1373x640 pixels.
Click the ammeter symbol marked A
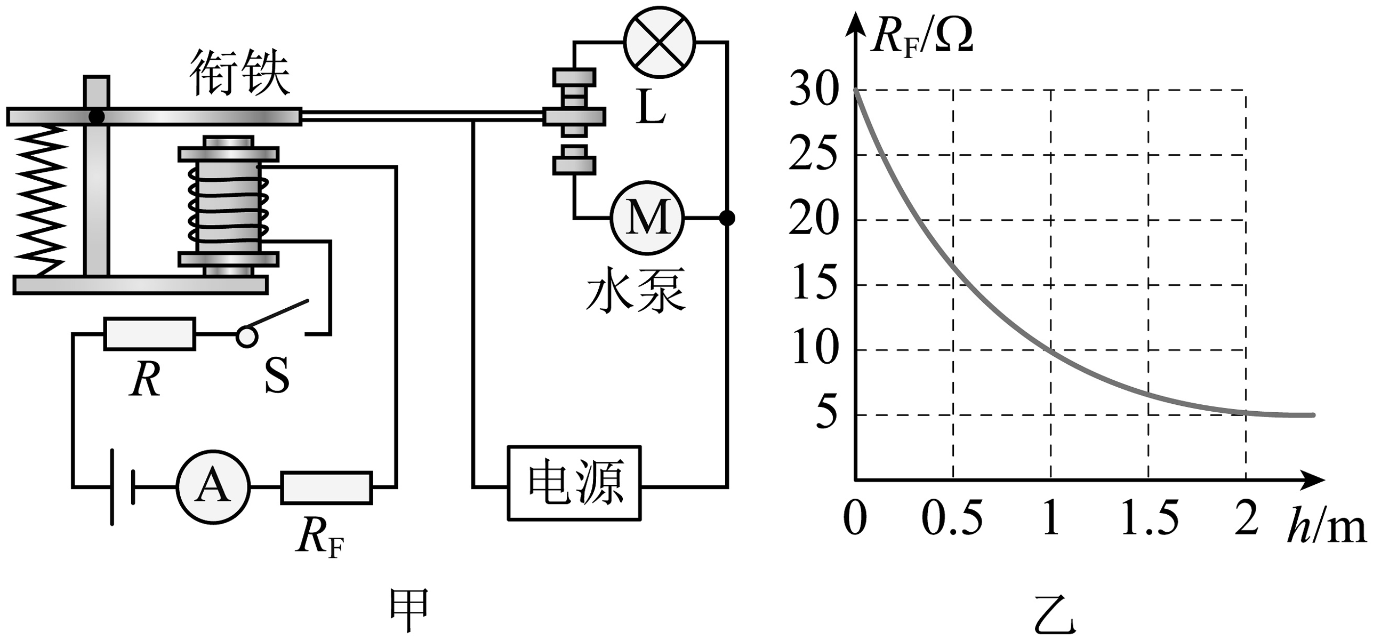pyautogui.click(x=213, y=487)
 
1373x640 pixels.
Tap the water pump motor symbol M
pyautogui.click(x=647, y=218)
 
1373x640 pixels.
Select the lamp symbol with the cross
pyautogui.click(x=660, y=43)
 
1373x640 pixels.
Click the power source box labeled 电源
pyautogui.click(x=574, y=483)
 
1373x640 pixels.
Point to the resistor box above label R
pyautogui.click(x=149, y=334)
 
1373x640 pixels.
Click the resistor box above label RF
pyautogui.click(x=326, y=487)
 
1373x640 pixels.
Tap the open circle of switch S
pyautogui.click(x=247, y=337)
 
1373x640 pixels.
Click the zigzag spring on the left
pyautogui.click(x=40, y=200)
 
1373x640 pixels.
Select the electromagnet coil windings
pyautogui.click(x=228, y=205)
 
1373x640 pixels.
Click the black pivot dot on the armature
pyautogui.click(x=97, y=116)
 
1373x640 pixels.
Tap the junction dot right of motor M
pyautogui.click(x=727, y=218)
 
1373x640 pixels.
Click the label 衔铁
pyautogui.click(x=240, y=73)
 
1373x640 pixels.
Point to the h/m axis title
pyautogui.click(x=1326, y=526)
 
